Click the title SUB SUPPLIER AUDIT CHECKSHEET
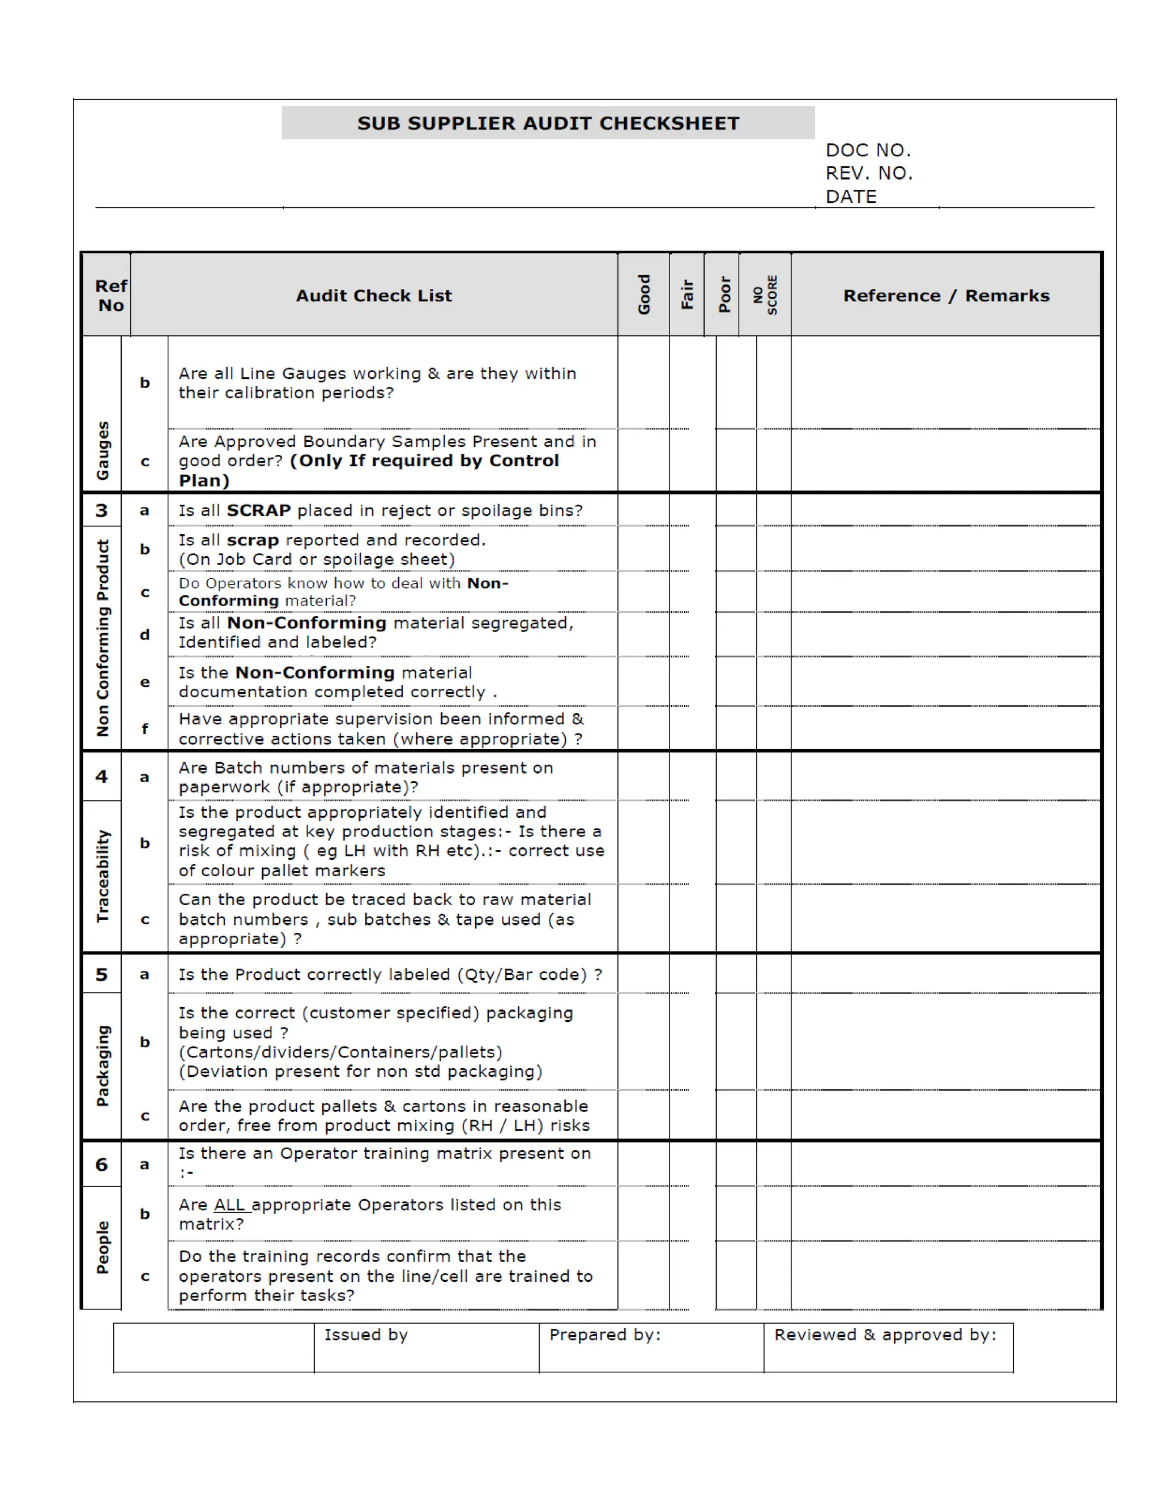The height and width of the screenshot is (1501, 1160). [548, 123]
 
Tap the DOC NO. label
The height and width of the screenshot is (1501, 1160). [868, 151]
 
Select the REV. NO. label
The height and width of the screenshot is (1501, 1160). [869, 173]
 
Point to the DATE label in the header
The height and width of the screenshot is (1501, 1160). [851, 197]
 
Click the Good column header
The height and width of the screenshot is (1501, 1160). [644, 295]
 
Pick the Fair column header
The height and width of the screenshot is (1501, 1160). [686, 295]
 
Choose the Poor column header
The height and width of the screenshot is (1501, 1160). [724, 295]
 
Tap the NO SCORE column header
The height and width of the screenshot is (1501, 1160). [765, 295]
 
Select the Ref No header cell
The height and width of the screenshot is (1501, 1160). [110, 296]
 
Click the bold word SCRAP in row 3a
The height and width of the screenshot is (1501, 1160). [258, 511]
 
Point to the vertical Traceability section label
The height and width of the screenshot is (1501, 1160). [103, 876]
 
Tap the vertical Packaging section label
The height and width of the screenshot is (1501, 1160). [103, 1066]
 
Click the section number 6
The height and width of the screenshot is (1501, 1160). [102, 1164]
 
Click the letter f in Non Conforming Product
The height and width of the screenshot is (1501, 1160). [144, 729]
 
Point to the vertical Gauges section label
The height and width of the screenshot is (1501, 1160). [103, 450]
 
